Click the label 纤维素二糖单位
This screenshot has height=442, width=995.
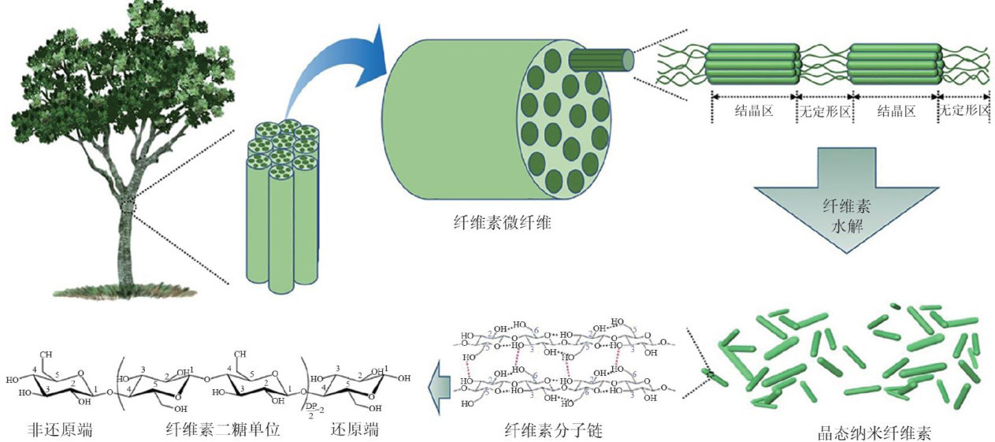click(223, 430)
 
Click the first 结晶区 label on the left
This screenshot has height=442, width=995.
click(754, 111)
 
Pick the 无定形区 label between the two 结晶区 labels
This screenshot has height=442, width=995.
click(825, 111)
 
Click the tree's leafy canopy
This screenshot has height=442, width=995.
click(118, 79)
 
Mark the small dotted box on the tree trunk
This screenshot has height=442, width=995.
click(129, 207)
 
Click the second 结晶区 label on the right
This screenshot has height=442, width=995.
click(897, 111)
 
